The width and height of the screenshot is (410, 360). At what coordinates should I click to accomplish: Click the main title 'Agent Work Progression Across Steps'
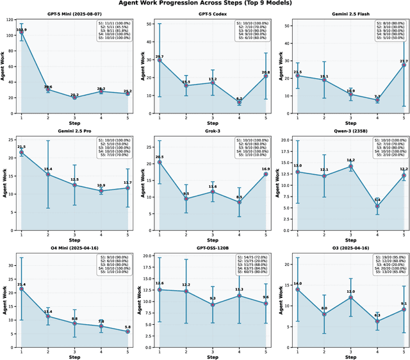click(x=204, y=4)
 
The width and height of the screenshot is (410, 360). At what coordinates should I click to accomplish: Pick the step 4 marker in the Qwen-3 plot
click(x=377, y=206)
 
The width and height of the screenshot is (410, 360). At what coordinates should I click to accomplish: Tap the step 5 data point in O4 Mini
click(x=128, y=314)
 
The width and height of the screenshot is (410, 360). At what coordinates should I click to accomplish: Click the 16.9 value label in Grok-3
click(x=265, y=168)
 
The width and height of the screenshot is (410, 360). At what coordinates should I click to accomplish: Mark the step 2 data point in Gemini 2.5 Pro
click(x=48, y=174)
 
